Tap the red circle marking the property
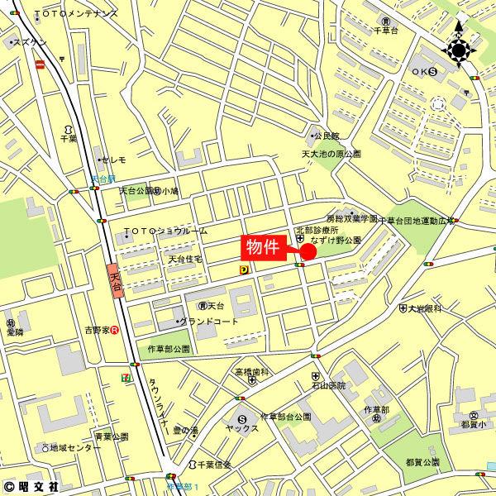[308, 251]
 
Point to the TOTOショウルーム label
[165, 231]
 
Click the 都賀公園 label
[422, 461]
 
